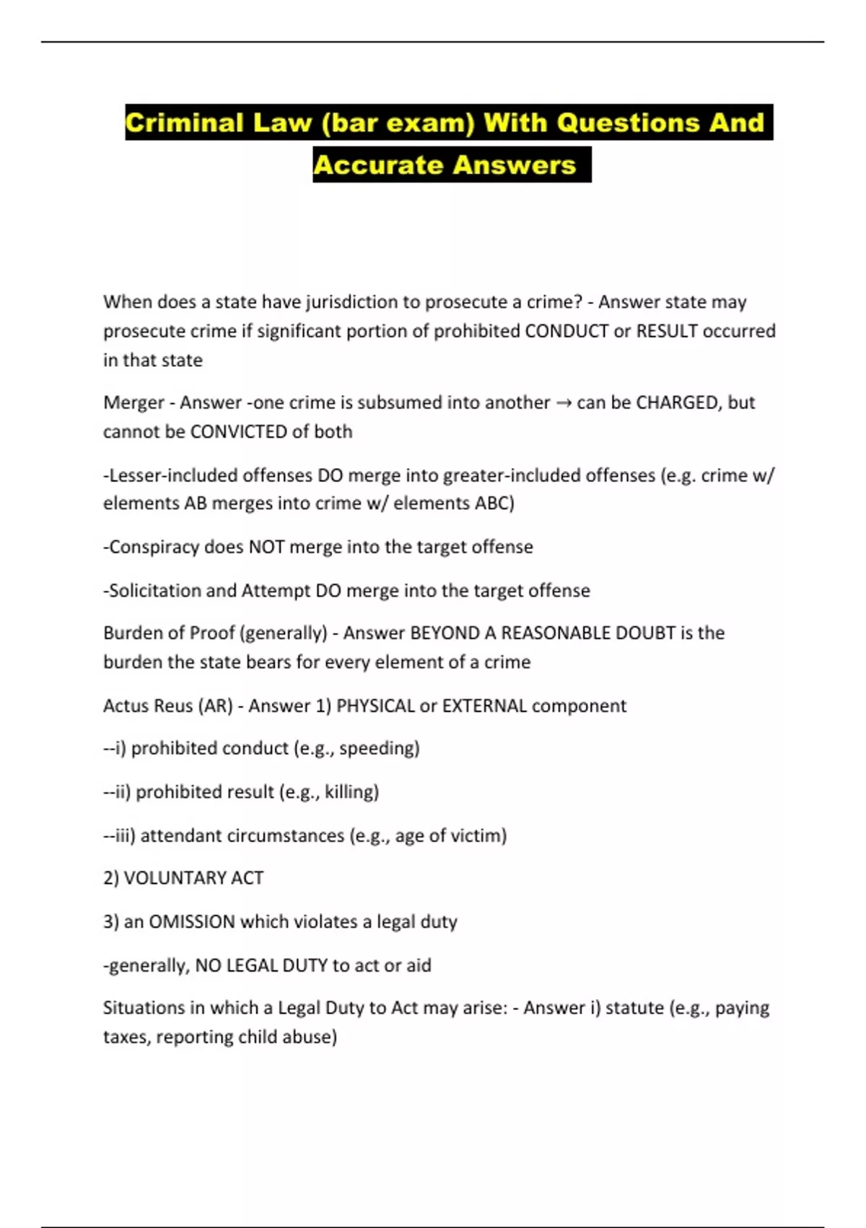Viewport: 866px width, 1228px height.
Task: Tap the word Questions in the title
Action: click(626, 122)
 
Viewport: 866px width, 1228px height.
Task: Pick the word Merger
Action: click(134, 402)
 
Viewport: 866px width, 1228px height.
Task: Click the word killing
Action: click(350, 792)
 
